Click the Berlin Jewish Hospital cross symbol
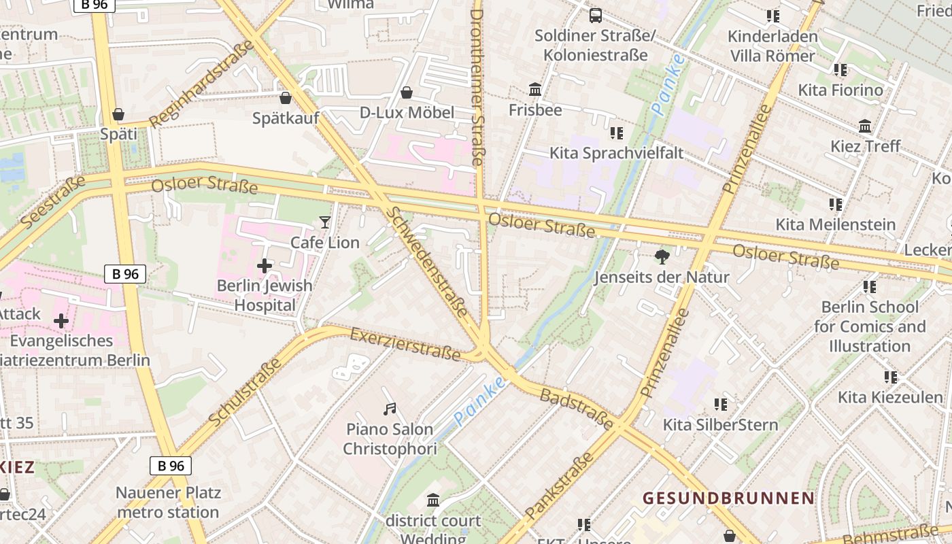click(x=265, y=265)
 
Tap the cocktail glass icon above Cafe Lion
click(x=325, y=222)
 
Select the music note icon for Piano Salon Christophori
click(x=390, y=409)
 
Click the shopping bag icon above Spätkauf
click(x=286, y=98)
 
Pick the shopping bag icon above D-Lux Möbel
click(x=407, y=92)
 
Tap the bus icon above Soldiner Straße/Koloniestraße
click(x=596, y=15)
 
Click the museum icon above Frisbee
click(x=535, y=89)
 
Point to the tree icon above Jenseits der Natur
click(x=662, y=256)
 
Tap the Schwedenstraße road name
click(x=427, y=262)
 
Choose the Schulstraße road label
click(x=245, y=393)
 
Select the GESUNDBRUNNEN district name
click(x=728, y=498)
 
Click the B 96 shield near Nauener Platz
click(x=170, y=466)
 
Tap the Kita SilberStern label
click(x=720, y=425)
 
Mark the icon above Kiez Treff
click(x=865, y=126)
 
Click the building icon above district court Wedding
click(x=433, y=501)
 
